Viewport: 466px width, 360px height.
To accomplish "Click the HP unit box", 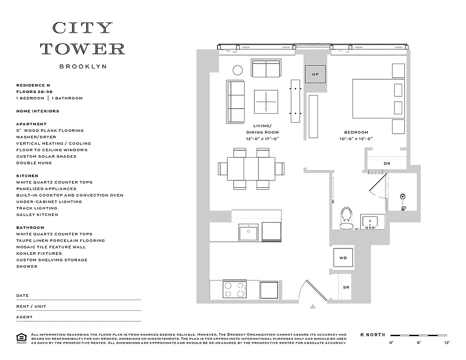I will [315, 74].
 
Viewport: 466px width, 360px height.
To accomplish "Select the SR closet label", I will [346, 287].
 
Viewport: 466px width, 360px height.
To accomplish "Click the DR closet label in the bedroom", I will [387, 163].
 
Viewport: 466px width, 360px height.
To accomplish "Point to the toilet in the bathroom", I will [346, 218].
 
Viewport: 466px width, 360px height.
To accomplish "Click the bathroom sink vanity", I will [372, 222].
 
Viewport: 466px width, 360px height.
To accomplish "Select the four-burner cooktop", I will [234, 289].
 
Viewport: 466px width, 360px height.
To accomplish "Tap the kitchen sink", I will [248, 233].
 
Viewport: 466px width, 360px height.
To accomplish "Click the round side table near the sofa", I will [237, 70].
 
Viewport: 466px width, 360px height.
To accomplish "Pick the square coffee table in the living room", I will [266, 102].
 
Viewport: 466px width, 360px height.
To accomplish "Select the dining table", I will [251, 168].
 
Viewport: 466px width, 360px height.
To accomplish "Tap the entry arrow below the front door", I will [312, 307].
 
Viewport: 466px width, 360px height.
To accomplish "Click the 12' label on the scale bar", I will [447, 343].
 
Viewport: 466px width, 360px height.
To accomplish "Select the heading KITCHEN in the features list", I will [27, 176].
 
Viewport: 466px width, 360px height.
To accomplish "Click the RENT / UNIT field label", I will [31, 306].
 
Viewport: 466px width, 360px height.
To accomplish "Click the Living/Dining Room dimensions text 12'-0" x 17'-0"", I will [262, 139].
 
